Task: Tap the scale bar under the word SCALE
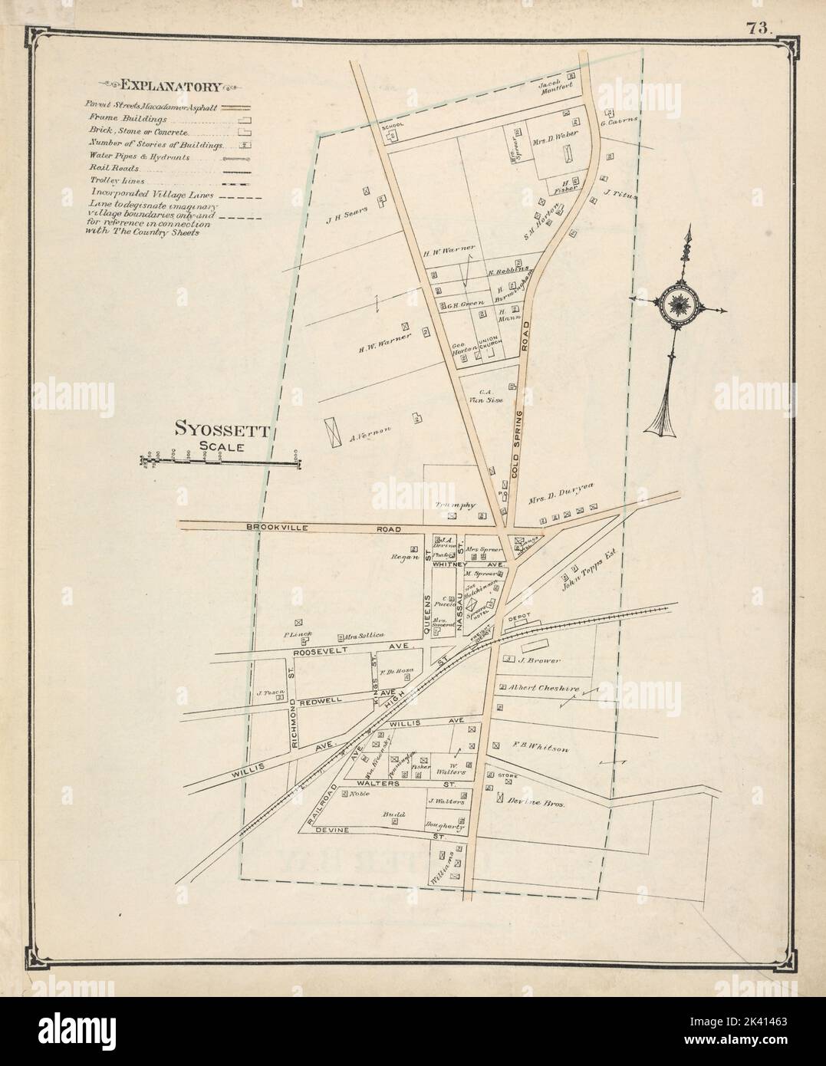(220, 462)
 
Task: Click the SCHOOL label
(393, 125)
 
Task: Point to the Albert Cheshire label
(546, 688)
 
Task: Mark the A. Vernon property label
(370, 441)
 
